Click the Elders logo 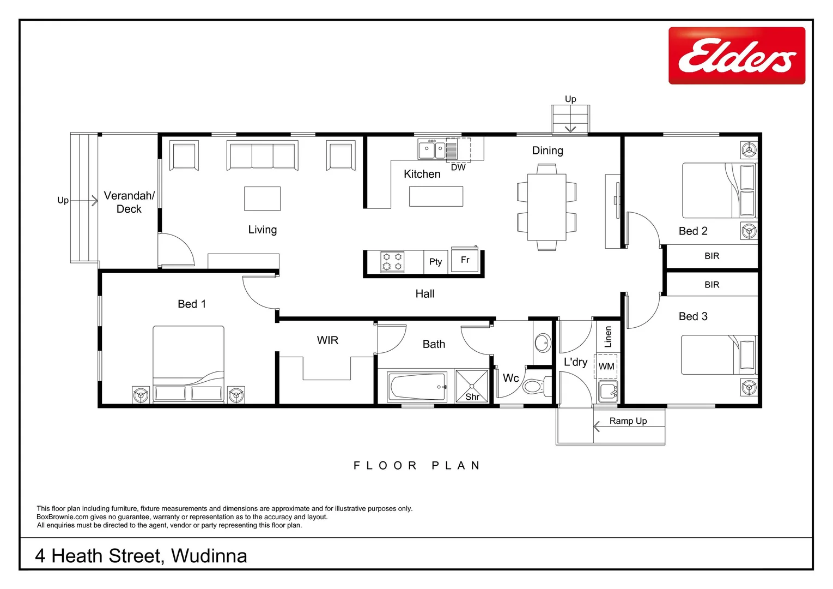pyautogui.click(x=737, y=56)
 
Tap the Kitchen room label pyautogui.click(x=422, y=174)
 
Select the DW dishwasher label pyautogui.click(x=458, y=167)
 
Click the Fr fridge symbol pyautogui.click(x=465, y=260)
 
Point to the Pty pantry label pyautogui.click(x=435, y=262)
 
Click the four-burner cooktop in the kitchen pyautogui.click(x=392, y=262)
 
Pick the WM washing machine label pyautogui.click(x=606, y=366)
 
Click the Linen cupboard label pyautogui.click(x=608, y=336)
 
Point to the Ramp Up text pyautogui.click(x=628, y=421)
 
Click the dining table pyautogui.click(x=546, y=207)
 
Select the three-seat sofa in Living pyautogui.click(x=262, y=157)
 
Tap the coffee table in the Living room pyautogui.click(x=262, y=199)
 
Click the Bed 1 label pyautogui.click(x=192, y=304)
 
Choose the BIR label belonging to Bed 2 pyautogui.click(x=712, y=256)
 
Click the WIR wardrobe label pyautogui.click(x=327, y=340)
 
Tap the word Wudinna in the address pyautogui.click(x=209, y=556)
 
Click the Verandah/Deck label pyautogui.click(x=129, y=202)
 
